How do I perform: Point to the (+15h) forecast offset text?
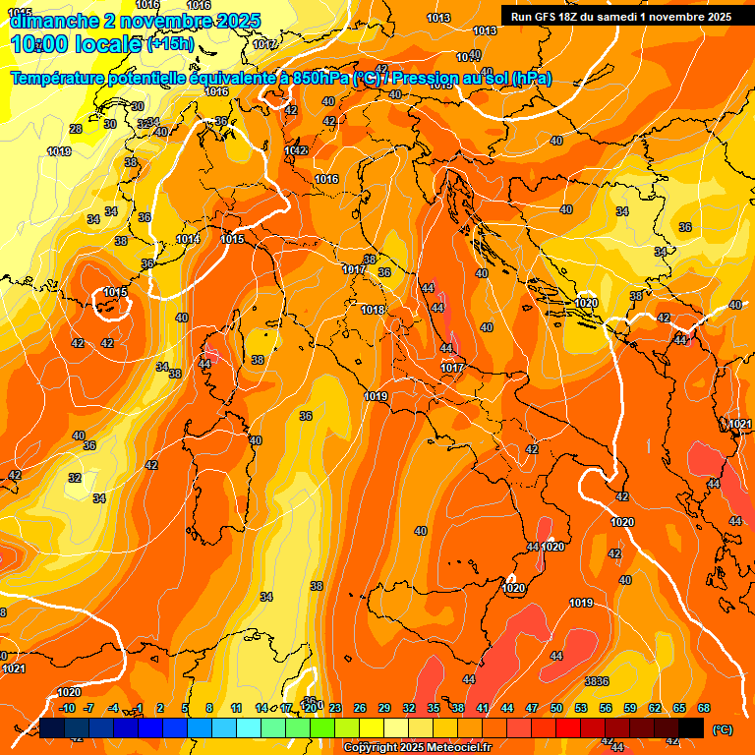[x=171, y=44]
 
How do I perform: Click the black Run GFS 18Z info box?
[x=620, y=17]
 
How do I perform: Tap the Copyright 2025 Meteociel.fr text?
[x=418, y=748]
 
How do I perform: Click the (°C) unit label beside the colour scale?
[x=722, y=729]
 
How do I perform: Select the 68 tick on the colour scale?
[x=704, y=708]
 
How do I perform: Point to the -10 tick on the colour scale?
[x=67, y=708]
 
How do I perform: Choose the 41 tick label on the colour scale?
[x=483, y=708]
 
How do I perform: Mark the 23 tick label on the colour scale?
[x=335, y=708]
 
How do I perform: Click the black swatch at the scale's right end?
[x=691, y=727]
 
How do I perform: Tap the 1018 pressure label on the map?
[x=373, y=310]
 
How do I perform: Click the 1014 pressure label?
[x=188, y=239]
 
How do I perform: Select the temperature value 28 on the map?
[x=76, y=129]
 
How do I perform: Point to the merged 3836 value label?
[x=597, y=681]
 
